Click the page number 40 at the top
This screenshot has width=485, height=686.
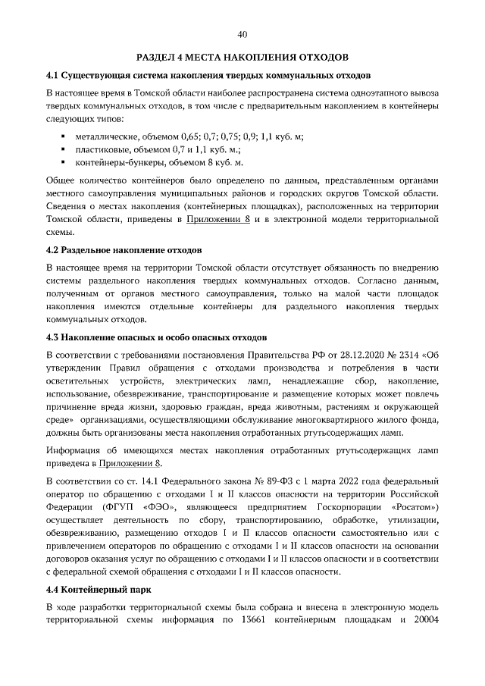point(242,34)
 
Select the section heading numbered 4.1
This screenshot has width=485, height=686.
point(208,77)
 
